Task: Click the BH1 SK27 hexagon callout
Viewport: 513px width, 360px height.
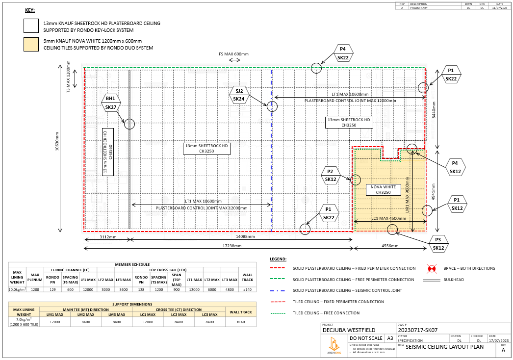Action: click(111, 103)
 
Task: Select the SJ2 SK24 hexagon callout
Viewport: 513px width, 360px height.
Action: click(239, 95)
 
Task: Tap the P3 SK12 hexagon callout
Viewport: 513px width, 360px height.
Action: click(438, 244)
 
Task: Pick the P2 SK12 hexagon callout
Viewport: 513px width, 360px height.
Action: click(331, 176)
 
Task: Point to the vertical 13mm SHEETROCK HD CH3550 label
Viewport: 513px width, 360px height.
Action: click(108, 152)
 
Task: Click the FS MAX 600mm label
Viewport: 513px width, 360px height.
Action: click(233, 54)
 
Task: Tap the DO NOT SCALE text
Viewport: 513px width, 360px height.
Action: click(365, 338)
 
